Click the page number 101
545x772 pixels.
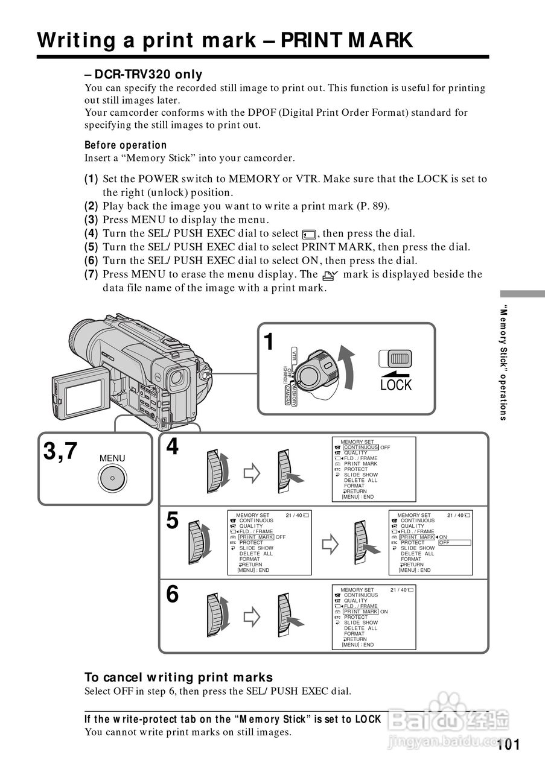tap(509, 744)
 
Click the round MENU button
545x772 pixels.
tap(112, 479)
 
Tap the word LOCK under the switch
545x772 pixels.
tap(395, 385)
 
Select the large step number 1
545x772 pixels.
tap(269, 341)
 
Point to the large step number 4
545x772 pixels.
tap(173, 447)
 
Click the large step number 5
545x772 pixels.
tap(173, 520)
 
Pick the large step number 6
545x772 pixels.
tap(173, 595)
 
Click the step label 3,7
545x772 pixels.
tap(60, 451)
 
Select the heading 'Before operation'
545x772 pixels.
tap(126, 145)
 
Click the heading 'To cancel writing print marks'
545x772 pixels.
tap(179, 677)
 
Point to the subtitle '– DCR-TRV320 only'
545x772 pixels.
tap(144, 75)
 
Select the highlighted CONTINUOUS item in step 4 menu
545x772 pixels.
tap(361, 448)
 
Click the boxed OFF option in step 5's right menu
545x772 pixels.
tap(454, 543)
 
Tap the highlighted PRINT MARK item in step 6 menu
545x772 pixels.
tap(361, 612)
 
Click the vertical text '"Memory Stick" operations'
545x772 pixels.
tap(503, 364)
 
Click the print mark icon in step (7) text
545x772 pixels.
tap(331, 275)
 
